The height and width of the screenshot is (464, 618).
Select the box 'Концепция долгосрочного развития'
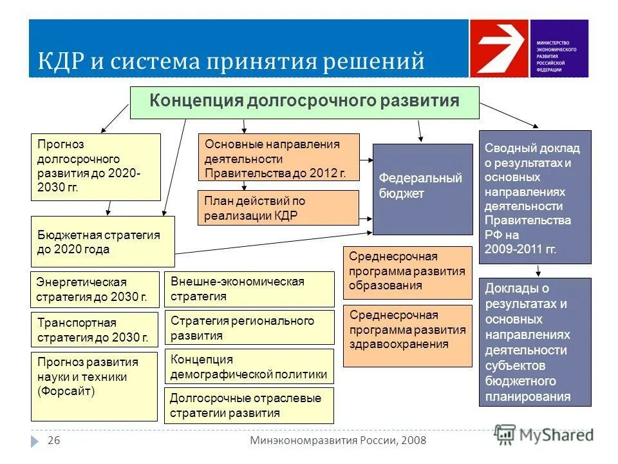click(x=304, y=102)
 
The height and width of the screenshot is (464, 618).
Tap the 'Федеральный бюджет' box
click(x=422, y=189)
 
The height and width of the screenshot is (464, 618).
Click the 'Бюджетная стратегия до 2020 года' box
click(x=102, y=242)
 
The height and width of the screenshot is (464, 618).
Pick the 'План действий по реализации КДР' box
click(x=278, y=208)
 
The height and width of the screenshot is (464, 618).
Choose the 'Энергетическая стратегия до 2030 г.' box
click(x=95, y=289)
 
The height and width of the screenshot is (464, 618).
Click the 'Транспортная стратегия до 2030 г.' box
click(x=94, y=330)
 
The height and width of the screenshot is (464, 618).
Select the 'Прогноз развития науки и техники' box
click(x=94, y=386)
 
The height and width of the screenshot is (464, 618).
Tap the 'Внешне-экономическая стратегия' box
click(x=249, y=289)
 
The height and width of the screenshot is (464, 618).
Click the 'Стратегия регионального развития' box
click(x=249, y=327)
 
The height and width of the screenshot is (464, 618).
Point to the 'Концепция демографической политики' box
click(x=249, y=367)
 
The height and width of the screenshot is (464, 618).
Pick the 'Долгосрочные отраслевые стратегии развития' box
click(x=249, y=405)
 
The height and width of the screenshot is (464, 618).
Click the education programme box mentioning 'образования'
click(x=407, y=272)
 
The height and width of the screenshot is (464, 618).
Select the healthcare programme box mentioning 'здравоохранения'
click(x=407, y=335)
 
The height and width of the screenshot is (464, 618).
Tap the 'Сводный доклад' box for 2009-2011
click(x=534, y=197)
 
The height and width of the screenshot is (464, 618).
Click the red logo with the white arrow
click(x=498, y=48)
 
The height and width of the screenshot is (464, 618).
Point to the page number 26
click(x=53, y=440)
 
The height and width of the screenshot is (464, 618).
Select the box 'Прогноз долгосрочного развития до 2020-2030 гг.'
click(x=95, y=167)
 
